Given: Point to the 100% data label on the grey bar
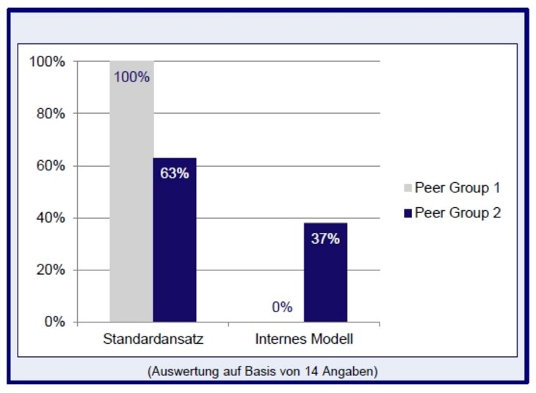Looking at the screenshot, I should point(131,76).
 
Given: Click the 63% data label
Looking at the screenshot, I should point(175,173).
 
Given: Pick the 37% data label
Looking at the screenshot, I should point(325,239).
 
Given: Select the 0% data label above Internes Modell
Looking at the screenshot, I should point(283,307).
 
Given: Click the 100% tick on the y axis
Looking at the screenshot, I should point(47,62).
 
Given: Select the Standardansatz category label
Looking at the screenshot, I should point(153,340).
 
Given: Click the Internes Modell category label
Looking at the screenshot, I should point(304,340).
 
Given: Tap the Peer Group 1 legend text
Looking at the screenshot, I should point(457,187).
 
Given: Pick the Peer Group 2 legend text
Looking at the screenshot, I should point(457,213).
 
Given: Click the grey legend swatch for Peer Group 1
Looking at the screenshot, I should point(408,187).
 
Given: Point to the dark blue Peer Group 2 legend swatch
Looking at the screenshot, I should point(408,213).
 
